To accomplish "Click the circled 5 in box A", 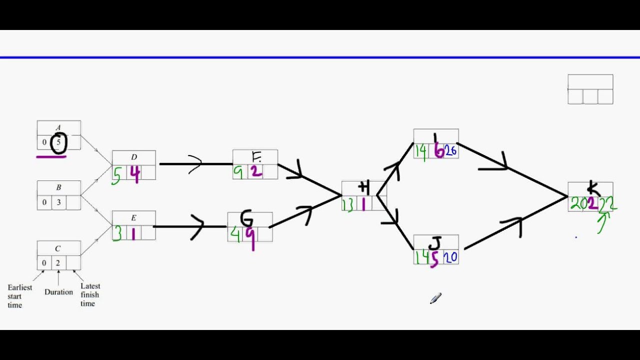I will click(58, 142).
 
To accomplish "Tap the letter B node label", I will click(58, 187).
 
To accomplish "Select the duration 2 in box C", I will click(58, 262).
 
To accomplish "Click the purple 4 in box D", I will click(134, 173).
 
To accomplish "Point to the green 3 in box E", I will click(117, 233).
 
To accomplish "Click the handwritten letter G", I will click(247, 218).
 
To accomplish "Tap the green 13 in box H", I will click(348, 204).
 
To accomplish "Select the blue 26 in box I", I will click(450, 151).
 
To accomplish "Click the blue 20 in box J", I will click(450, 257).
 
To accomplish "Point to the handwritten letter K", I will click(593, 188).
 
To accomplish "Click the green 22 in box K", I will click(608, 203).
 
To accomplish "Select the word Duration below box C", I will click(58, 292).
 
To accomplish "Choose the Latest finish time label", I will click(90, 294).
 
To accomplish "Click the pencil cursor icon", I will click(435, 298).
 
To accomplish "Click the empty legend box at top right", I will click(590, 89).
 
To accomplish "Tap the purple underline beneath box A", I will click(51, 156).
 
